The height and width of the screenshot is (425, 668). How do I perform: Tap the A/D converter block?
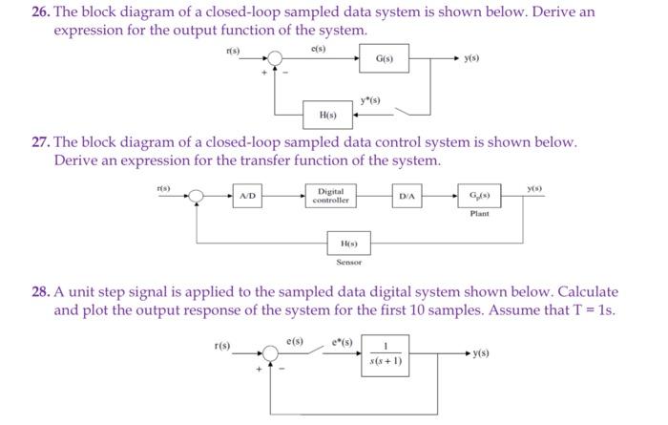click(x=246, y=197)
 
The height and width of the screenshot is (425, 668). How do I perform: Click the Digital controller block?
click(x=331, y=197)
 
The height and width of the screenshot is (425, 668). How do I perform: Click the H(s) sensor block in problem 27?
click(x=348, y=244)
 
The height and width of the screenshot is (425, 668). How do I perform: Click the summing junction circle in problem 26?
click(x=276, y=60)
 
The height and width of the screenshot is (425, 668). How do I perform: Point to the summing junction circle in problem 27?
click(x=197, y=197)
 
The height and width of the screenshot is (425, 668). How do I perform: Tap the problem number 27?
click(x=41, y=141)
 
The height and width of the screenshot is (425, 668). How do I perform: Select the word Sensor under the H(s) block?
click(x=349, y=262)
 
